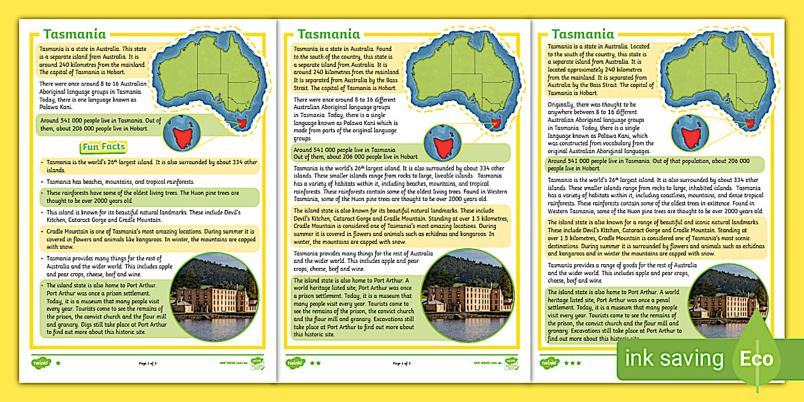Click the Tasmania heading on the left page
point(74,34)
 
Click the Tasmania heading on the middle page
point(329,34)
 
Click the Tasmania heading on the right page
point(583,34)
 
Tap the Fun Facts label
point(103,147)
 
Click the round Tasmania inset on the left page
point(182,132)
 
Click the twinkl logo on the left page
point(40,363)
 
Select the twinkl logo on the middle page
point(295,363)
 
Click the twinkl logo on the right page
point(549,363)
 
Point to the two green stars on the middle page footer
point(316,363)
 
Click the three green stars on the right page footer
point(572,363)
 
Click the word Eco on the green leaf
point(756,359)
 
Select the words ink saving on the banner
point(674,359)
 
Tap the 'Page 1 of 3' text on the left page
point(147,363)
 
